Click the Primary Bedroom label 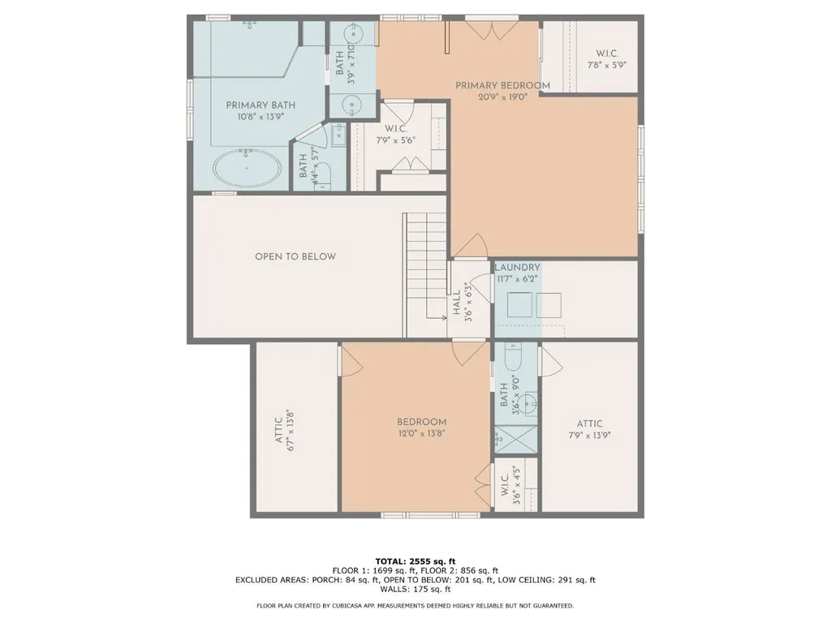click(x=502, y=85)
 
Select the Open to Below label click(x=295, y=256)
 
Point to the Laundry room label click(x=517, y=268)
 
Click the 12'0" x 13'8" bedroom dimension click(x=422, y=433)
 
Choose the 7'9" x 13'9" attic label click(x=589, y=435)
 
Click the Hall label click(x=456, y=303)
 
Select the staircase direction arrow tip click(x=446, y=318)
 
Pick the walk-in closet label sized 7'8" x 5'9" click(x=607, y=59)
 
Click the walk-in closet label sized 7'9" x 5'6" click(x=395, y=135)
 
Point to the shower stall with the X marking click(x=515, y=439)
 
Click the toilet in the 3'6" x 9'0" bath click(x=513, y=357)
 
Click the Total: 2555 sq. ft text click(x=415, y=561)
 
